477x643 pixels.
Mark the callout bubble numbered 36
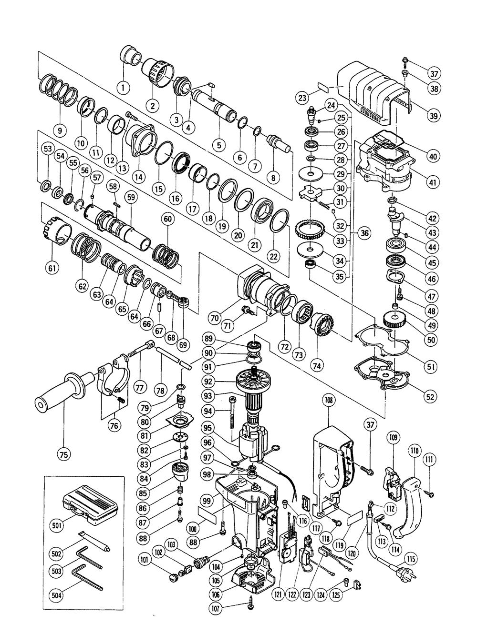click(x=364, y=233)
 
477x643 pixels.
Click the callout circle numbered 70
click(x=226, y=315)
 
